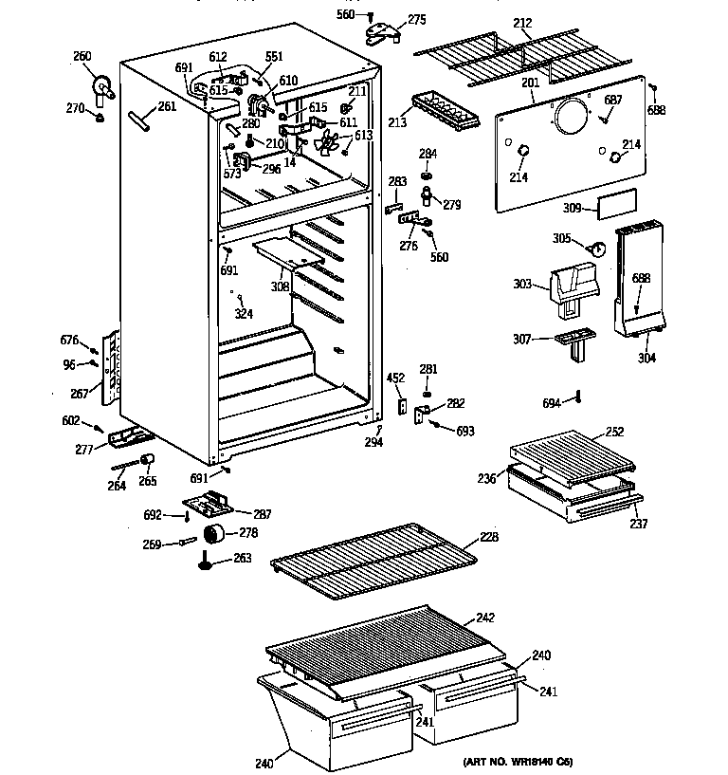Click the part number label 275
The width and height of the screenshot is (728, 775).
tap(417, 19)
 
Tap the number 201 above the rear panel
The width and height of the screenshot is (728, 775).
tap(530, 83)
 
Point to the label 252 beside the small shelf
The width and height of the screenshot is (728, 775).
tap(615, 432)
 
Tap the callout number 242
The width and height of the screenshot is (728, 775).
tap(485, 618)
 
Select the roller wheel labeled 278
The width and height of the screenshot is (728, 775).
tap(215, 533)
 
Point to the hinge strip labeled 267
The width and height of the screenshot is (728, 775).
tap(115, 366)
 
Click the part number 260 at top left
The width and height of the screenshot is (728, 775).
tap(82, 56)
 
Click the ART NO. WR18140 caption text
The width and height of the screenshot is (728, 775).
tap(518, 762)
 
